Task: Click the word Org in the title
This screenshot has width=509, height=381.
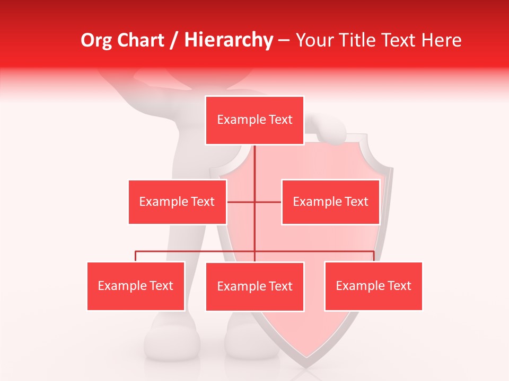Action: pos(96,40)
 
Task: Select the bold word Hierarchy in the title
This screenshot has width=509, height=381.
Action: pos(229,40)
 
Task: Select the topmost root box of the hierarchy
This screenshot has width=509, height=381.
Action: pos(254,120)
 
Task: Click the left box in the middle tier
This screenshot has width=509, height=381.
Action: pos(177,202)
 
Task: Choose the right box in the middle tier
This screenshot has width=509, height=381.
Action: pos(330,202)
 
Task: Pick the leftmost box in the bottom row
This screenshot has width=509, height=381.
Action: pos(136,286)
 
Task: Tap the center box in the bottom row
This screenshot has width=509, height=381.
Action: pos(254,286)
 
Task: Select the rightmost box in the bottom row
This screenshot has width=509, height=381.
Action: pos(373,286)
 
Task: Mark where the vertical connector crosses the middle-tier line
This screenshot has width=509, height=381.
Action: pos(254,202)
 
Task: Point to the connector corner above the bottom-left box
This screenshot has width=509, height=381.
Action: pos(136,251)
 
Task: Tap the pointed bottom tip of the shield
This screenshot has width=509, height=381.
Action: pos(306,365)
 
